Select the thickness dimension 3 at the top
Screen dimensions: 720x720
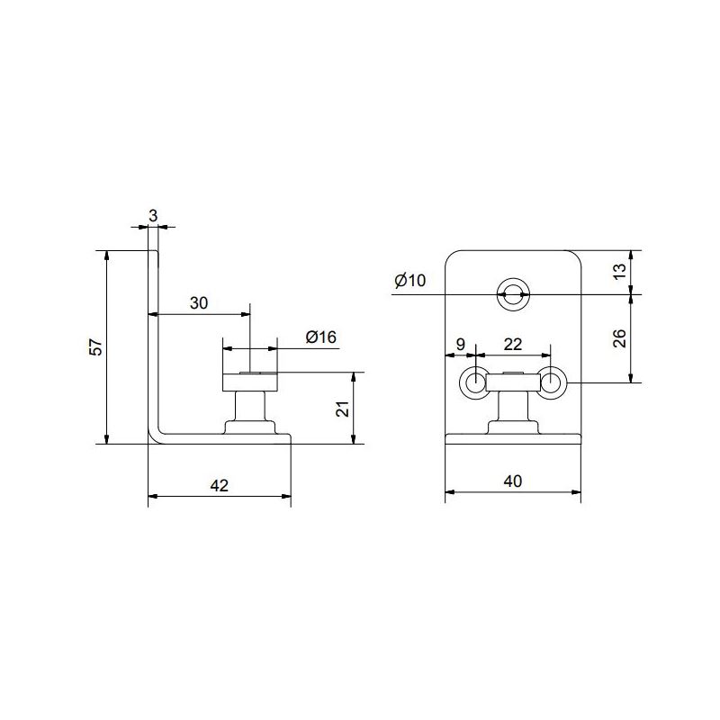click(153, 216)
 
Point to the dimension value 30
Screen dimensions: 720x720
click(199, 303)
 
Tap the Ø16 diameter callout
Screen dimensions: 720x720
click(321, 337)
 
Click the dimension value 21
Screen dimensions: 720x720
click(341, 409)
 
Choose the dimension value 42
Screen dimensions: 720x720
click(219, 485)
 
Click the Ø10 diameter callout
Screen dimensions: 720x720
click(409, 281)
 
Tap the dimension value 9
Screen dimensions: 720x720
click(461, 344)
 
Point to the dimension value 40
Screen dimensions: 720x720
click(512, 481)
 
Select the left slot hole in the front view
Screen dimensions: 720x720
click(474, 383)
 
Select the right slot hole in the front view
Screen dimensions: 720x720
click(552, 383)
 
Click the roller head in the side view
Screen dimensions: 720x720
click(250, 382)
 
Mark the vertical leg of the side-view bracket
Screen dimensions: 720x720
click(154, 342)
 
